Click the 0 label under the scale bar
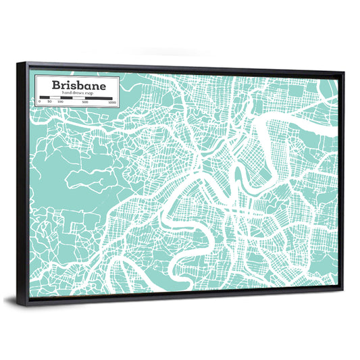coord(40,102)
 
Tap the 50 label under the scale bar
coord(49,102)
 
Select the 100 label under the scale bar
coord(60,102)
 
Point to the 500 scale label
coord(85,103)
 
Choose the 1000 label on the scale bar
coord(111,103)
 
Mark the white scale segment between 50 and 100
coord(55,98)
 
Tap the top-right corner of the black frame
coord(343,73)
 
